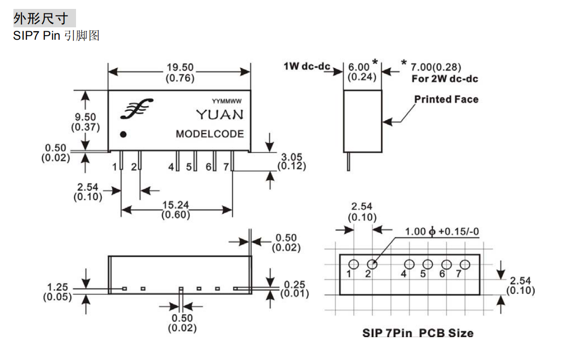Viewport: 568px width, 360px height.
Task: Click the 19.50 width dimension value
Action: click(180, 68)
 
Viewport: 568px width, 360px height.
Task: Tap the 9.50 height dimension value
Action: click(85, 117)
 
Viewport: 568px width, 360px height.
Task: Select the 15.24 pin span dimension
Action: click(176, 205)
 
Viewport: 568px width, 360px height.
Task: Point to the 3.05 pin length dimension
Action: click(292, 157)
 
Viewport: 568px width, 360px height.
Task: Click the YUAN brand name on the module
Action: click(220, 115)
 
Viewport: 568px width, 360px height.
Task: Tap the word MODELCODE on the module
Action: click(210, 134)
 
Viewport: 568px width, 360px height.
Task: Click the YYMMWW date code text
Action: click(227, 101)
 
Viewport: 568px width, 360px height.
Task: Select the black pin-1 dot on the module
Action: click(123, 134)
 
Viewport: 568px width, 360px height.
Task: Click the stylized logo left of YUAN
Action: click(137, 109)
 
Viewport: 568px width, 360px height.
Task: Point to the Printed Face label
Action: click(446, 99)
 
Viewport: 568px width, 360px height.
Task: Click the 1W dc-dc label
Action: click(307, 66)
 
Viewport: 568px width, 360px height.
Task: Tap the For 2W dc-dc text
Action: click(445, 79)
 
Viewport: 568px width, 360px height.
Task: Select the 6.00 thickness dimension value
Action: click(359, 67)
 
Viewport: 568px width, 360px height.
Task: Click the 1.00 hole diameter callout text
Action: click(442, 231)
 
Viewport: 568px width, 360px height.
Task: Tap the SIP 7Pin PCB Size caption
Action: click(417, 333)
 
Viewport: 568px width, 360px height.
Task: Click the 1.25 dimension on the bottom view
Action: click(58, 287)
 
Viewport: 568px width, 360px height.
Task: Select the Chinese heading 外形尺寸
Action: click(41, 18)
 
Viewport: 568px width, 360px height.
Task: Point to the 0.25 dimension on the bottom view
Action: click(295, 285)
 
